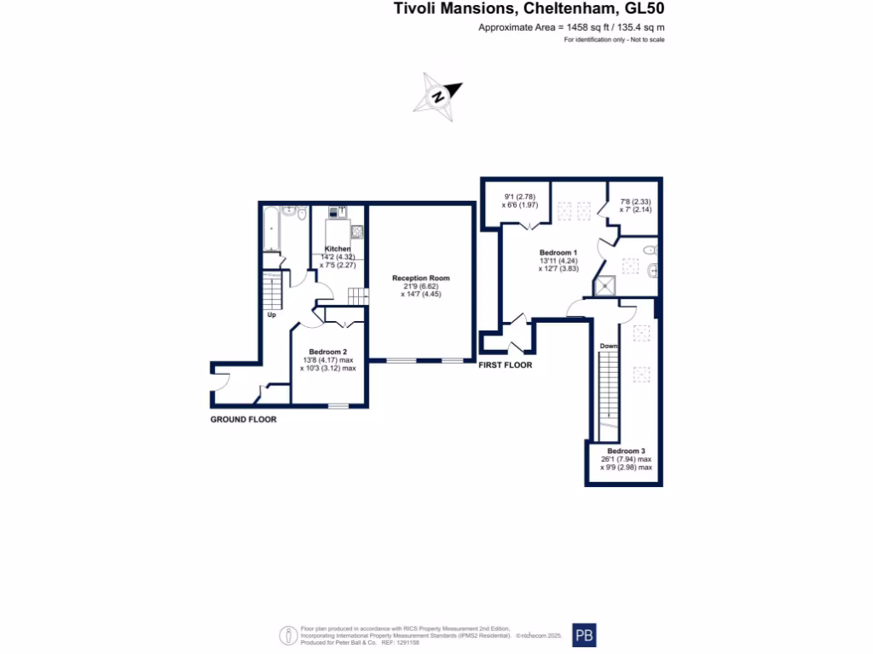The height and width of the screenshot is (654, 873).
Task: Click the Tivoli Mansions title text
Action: pyautogui.click(x=528, y=9)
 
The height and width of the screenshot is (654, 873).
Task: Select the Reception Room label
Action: pyautogui.click(x=420, y=278)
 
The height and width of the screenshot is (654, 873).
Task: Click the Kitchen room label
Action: pyautogui.click(x=338, y=249)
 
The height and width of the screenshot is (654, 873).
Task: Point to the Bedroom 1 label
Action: pyautogui.click(x=558, y=253)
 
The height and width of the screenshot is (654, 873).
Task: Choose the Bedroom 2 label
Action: pyautogui.click(x=327, y=353)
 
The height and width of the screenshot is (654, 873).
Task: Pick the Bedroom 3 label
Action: pyautogui.click(x=627, y=451)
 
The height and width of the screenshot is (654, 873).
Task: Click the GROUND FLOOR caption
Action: pyautogui.click(x=244, y=420)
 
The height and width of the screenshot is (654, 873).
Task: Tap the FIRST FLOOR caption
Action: pyautogui.click(x=506, y=365)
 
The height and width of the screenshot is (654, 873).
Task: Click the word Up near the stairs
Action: pyautogui.click(x=272, y=315)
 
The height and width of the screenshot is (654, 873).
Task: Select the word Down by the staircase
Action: pyautogui.click(x=608, y=347)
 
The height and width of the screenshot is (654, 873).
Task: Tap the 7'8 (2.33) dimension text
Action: pyautogui.click(x=634, y=201)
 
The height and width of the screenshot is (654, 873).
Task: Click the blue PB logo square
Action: pyautogui.click(x=584, y=635)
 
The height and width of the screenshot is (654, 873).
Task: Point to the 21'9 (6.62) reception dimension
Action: pyautogui.click(x=420, y=287)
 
